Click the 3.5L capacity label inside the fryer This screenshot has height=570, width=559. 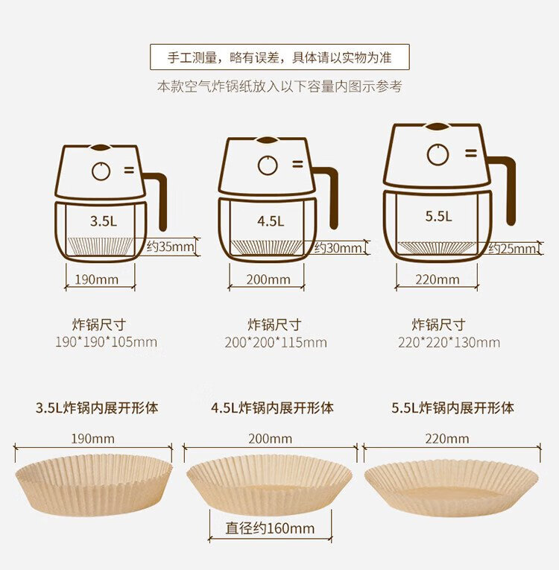pos(104,221)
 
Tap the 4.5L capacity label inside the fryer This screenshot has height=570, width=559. pos(271,221)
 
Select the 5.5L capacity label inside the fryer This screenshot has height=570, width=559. pos(438,216)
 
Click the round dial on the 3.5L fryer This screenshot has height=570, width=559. pos(101,171)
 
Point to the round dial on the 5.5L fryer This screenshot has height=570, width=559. pos(438,154)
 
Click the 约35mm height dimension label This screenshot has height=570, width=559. pos(170,247)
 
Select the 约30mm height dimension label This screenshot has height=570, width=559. pos(338,248)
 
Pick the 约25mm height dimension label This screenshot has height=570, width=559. pos(512,249)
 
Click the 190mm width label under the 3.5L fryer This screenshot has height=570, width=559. pos(97,279)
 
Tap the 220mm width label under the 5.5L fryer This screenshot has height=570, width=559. pos(438,279)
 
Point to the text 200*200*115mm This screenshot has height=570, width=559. pos(276,343)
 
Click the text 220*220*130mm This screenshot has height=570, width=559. pos(449,343)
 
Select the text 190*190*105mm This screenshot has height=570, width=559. pos(106,342)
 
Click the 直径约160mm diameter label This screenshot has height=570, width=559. pos(270,528)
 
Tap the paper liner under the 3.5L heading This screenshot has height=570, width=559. pos(94,485)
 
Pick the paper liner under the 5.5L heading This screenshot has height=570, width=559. pos(452,487)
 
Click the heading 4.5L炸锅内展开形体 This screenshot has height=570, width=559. pos(272,408)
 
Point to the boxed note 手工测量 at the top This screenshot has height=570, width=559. pos(279,57)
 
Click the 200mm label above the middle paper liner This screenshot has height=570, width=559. pos(271,439)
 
